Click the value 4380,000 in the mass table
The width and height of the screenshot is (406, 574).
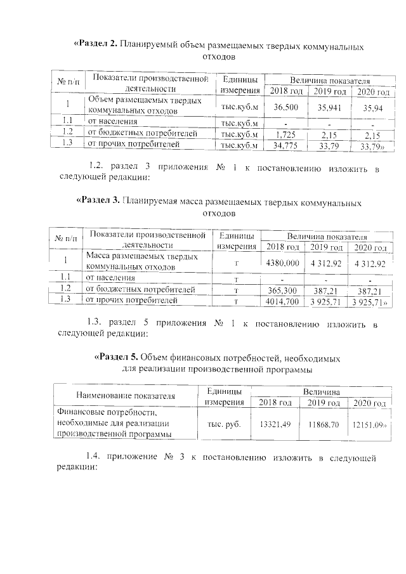[283, 263]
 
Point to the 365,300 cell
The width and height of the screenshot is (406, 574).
[283, 290]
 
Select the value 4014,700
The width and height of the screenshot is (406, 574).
[283, 301]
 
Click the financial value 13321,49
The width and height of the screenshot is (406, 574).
[271, 423]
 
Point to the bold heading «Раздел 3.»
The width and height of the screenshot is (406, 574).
[98, 202]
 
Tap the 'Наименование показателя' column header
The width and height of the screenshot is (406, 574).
[125, 396]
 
